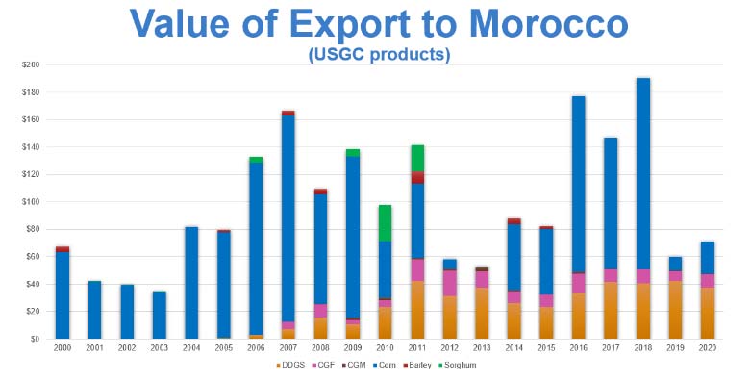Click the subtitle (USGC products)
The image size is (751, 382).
coord(379,55)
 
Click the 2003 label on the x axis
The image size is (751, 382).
coord(159,349)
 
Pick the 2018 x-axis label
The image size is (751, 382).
coord(642,349)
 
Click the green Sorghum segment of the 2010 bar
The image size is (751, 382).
coord(385,222)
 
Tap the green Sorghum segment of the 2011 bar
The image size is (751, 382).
coord(417,159)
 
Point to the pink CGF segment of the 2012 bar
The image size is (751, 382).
coord(449,283)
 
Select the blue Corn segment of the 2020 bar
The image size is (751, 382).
coord(707,258)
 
